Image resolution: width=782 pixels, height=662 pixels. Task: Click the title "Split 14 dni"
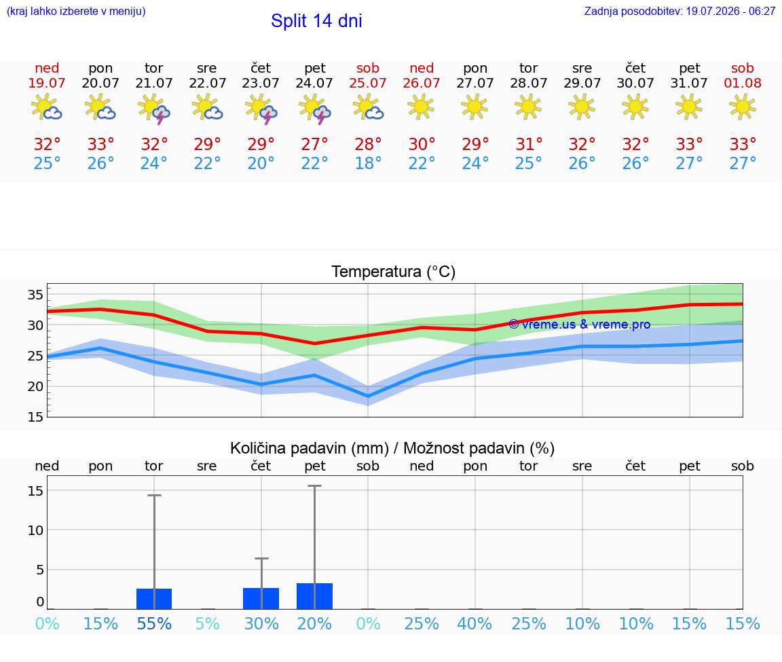[316, 21]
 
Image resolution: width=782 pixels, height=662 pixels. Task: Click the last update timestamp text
[679, 11]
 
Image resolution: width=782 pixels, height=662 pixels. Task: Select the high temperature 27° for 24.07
[314, 144]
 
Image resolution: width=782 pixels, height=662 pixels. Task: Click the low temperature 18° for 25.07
[368, 163]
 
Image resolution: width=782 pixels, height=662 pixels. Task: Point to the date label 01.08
[743, 83]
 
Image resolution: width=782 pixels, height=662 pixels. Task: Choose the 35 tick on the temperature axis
[35, 295]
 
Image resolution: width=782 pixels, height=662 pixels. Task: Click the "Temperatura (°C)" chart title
[394, 272]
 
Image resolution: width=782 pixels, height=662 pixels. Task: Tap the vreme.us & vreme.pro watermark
[580, 325]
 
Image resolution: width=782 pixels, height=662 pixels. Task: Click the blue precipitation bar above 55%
[154, 599]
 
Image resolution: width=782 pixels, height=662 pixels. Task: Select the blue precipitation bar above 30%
[261, 598]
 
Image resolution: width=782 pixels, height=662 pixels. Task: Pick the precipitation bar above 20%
[315, 596]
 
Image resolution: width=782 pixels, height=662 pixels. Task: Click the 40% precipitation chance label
[474, 623]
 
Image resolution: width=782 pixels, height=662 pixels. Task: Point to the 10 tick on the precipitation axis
[35, 530]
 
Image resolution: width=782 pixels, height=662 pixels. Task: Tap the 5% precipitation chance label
[208, 623]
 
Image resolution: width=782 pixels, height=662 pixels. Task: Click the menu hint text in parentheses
[76, 11]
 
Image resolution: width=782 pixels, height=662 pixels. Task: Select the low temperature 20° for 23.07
[261, 163]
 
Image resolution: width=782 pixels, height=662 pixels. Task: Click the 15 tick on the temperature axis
[35, 417]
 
